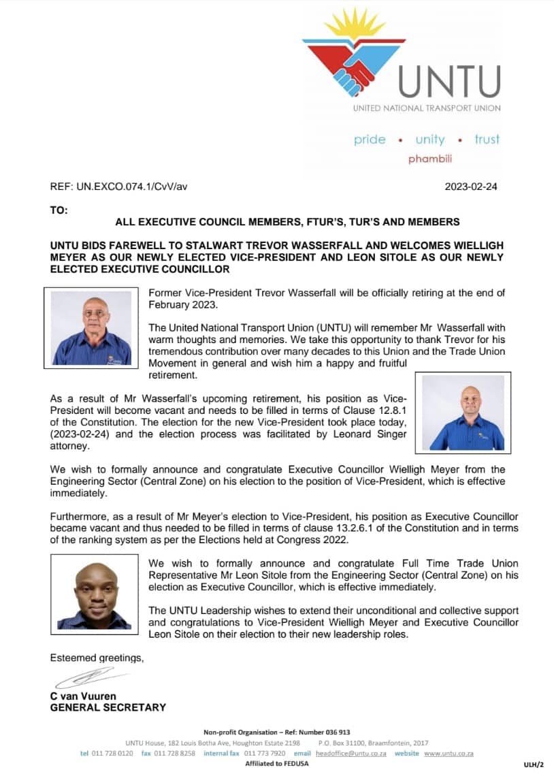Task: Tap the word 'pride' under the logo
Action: (370, 140)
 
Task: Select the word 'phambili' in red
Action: (429, 159)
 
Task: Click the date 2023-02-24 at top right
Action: (471, 187)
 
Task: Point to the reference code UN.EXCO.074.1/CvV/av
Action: (118, 187)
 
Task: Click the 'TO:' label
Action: (59, 210)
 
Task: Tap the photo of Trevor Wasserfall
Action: (92, 327)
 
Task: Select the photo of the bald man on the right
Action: (463, 413)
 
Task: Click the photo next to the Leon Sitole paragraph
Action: (92, 592)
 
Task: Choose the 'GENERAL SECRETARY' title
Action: (108, 707)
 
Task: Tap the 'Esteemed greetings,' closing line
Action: (97, 658)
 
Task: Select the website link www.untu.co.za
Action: (449, 754)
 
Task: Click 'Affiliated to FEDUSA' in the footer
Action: (276, 764)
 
